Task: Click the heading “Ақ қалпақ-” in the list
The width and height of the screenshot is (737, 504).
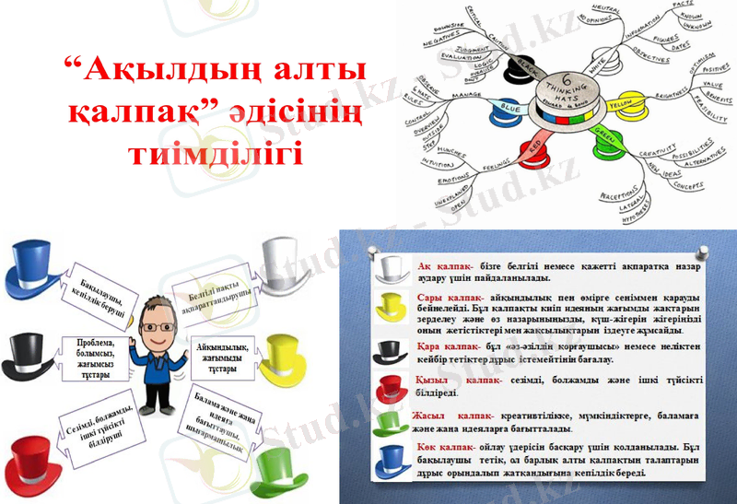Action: point(445,264)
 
